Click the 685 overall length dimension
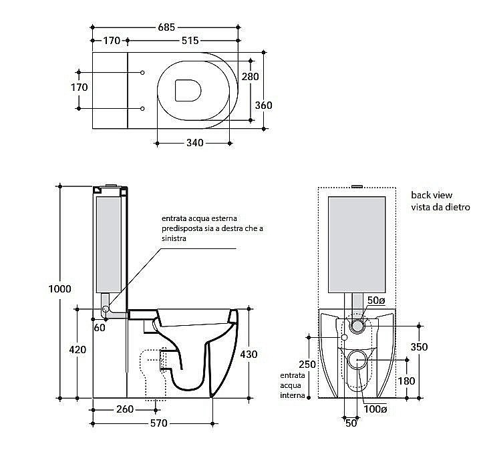(x=166, y=27)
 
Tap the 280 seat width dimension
(x=250, y=77)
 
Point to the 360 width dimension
(x=263, y=105)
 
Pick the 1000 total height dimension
(x=60, y=289)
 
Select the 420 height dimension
(x=78, y=349)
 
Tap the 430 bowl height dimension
(x=249, y=354)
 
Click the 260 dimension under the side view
(x=124, y=409)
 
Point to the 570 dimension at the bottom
(x=158, y=423)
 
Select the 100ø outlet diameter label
(x=374, y=409)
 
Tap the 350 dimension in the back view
(x=419, y=347)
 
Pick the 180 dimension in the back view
(x=406, y=381)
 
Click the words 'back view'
(x=432, y=195)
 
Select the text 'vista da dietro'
(x=440, y=207)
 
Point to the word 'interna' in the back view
(x=292, y=395)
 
